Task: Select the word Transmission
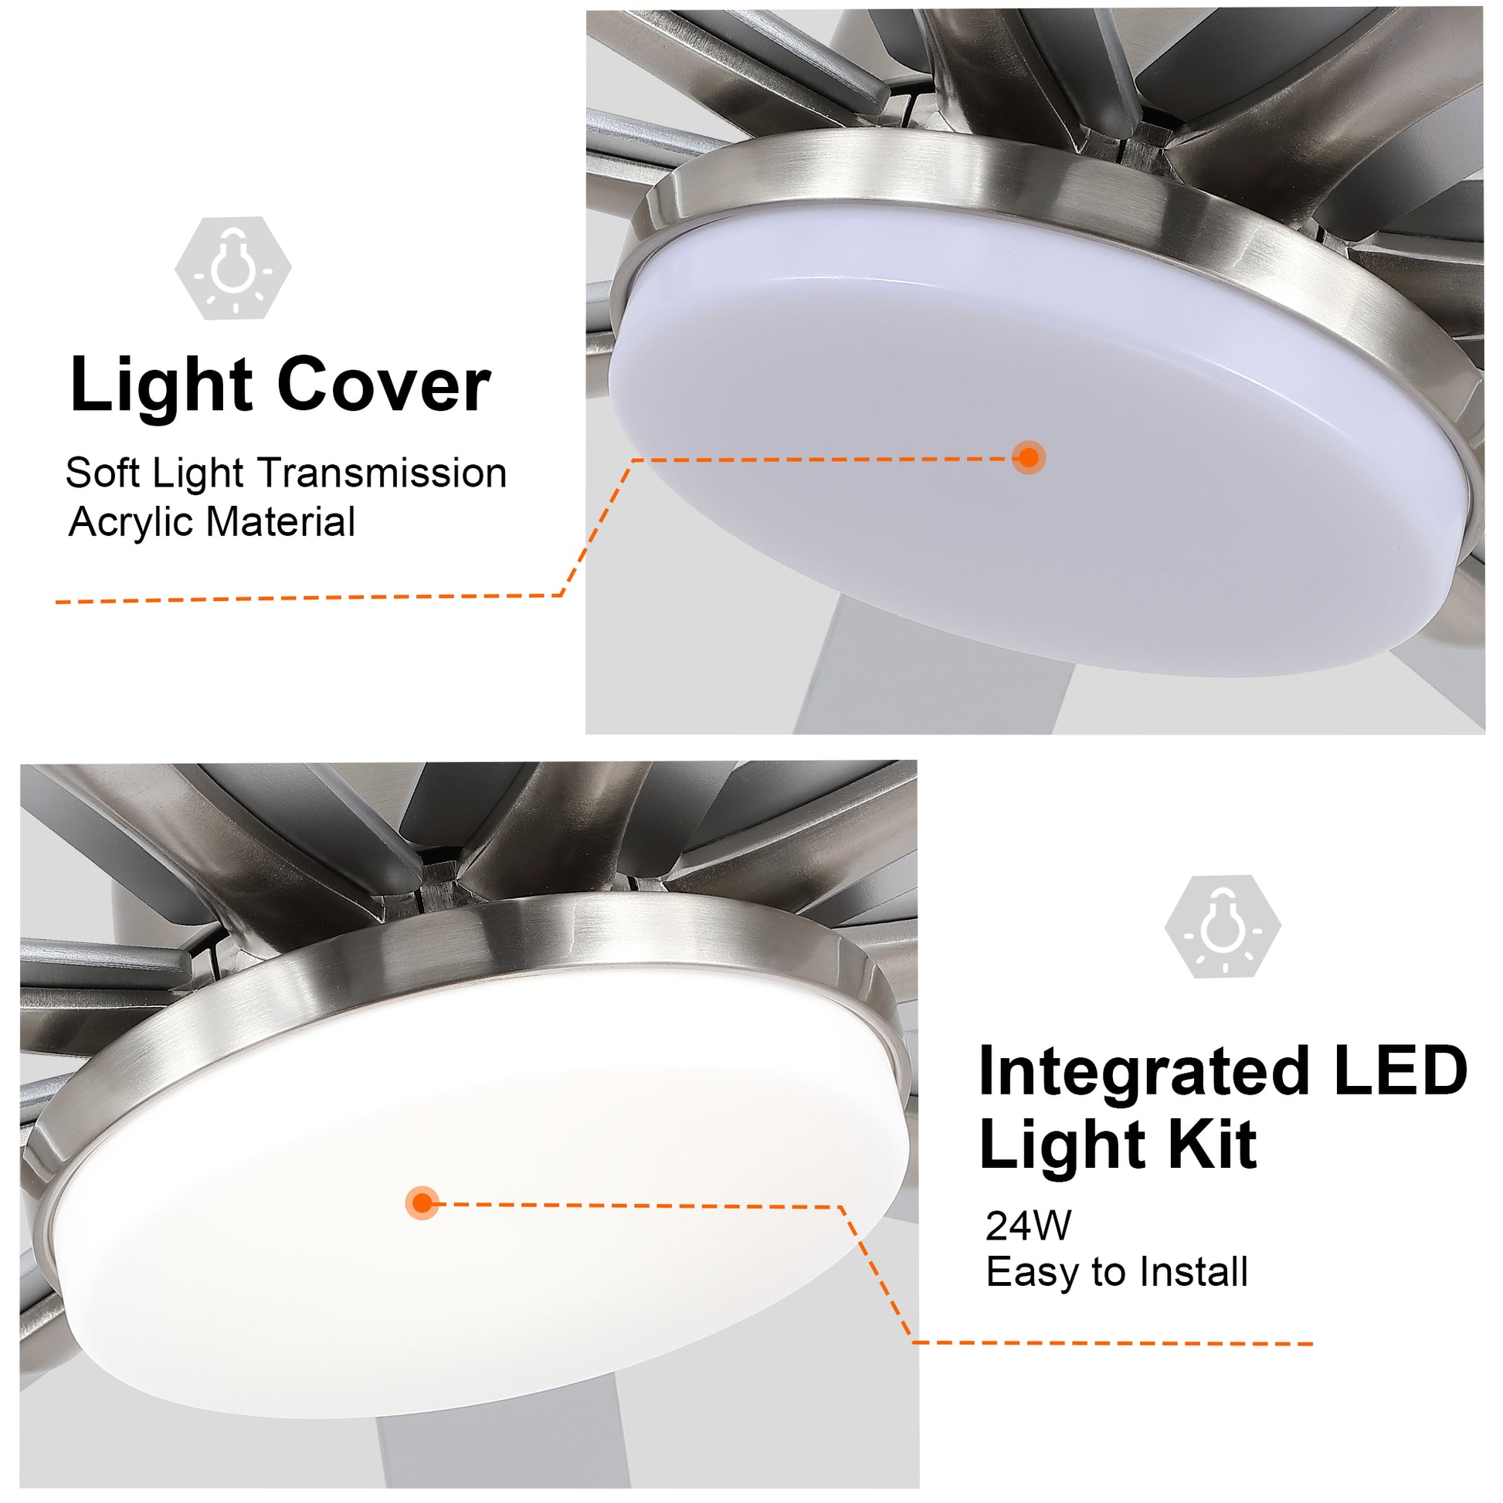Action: [382, 473]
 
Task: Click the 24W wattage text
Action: [1028, 1226]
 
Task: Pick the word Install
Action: [1193, 1272]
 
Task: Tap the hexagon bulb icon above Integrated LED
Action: [1222, 926]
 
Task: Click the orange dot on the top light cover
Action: [1029, 457]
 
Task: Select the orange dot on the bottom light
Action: [422, 1203]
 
